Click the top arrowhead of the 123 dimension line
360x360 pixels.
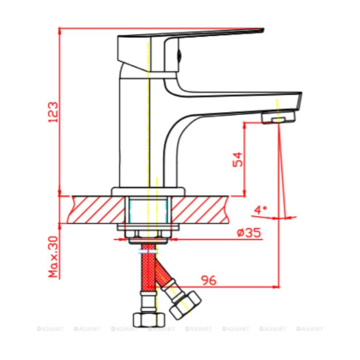pos(65,29)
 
